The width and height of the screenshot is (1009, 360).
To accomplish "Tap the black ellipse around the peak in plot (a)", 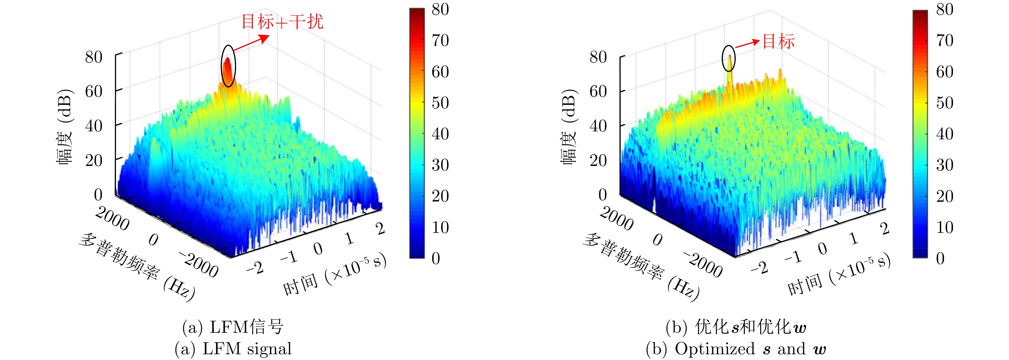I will tap(228, 65).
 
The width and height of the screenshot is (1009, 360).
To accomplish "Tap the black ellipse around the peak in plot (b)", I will tap(728, 58).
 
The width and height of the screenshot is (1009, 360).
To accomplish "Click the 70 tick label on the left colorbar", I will tap(440, 40).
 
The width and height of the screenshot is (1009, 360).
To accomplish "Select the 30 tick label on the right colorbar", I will tap(944, 165).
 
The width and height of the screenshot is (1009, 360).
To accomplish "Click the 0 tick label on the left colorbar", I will tap(436, 258).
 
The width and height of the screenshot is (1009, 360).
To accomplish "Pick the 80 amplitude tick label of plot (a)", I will tap(94, 57).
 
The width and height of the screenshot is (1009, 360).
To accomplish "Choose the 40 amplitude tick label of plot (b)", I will tap(598, 126).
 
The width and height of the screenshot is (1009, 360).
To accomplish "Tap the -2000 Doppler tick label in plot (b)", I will tap(703, 265).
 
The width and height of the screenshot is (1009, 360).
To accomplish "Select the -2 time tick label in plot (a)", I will tap(255, 268).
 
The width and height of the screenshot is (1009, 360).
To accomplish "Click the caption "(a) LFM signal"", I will tap(234, 349).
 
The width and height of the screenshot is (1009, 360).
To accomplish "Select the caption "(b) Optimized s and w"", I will tap(736, 349).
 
